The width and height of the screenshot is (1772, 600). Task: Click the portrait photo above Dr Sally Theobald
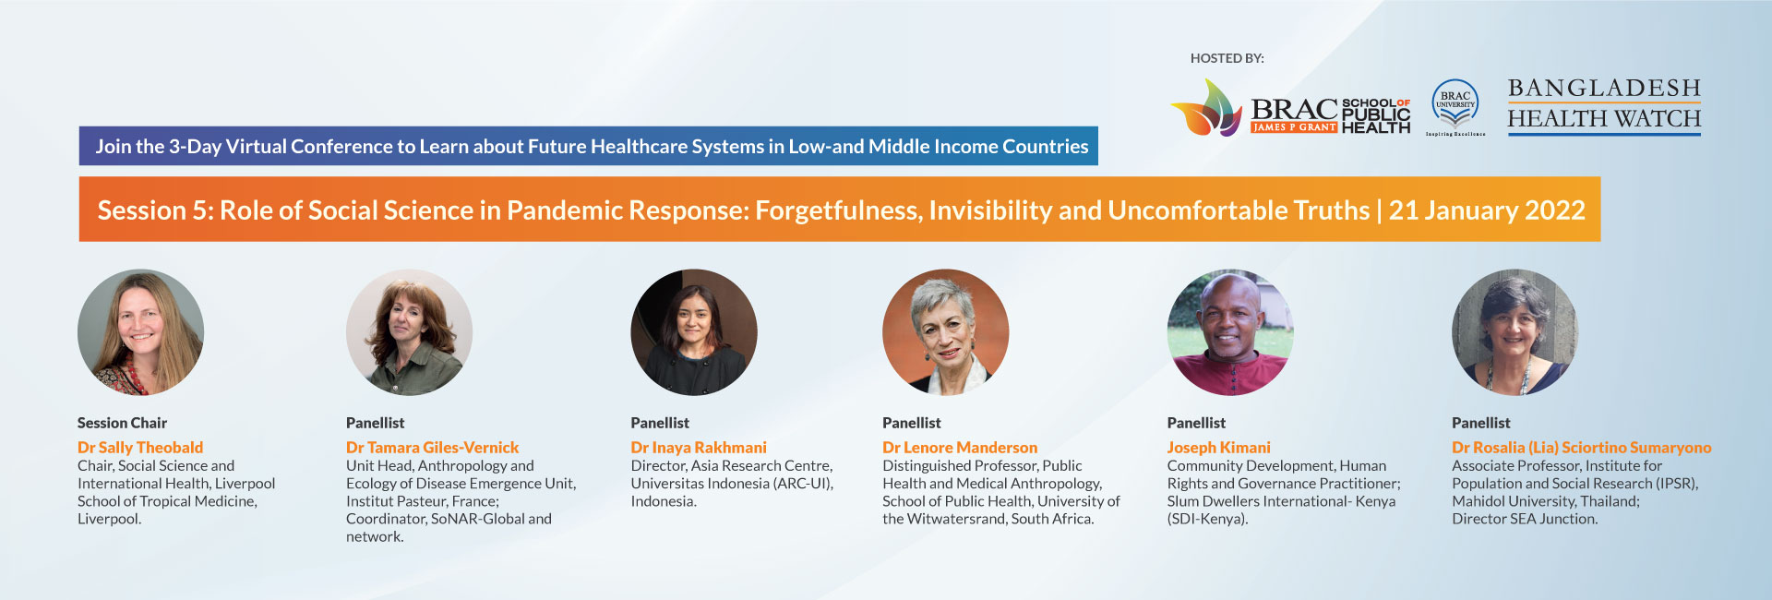click(140, 332)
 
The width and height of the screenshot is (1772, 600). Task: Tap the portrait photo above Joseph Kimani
click(1230, 332)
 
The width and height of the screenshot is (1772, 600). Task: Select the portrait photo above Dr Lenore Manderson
click(945, 332)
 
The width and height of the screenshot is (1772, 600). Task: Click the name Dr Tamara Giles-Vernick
click(432, 447)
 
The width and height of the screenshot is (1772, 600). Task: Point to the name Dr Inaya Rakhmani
click(699, 447)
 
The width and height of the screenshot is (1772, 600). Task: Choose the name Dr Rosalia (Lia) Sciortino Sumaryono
click(1582, 447)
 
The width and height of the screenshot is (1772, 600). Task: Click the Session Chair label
click(122, 423)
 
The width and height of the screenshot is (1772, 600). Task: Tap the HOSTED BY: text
click(1227, 58)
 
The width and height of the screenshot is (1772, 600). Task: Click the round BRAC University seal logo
click(1455, 103)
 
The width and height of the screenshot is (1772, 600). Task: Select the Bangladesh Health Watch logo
click(1604, 105)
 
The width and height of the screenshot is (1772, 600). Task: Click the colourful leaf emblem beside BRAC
click(1206, 107)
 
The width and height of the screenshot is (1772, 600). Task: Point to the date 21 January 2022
click(1487, 210)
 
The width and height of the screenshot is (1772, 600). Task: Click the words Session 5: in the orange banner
click(154, 210)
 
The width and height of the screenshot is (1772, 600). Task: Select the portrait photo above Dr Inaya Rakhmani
click(694, 332)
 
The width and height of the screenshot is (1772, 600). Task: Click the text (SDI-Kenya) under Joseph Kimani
click(1207, 519)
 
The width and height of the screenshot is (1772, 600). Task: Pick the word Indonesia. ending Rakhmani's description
click(664, 501)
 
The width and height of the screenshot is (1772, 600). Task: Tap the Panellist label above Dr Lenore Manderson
click(912, 423)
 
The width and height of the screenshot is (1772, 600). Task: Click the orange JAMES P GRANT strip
click(1294, 127)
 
